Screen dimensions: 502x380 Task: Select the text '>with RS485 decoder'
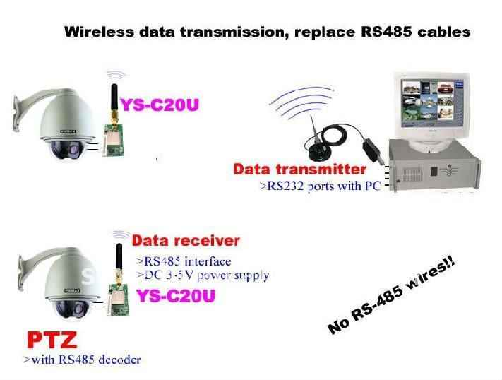coord(82,360)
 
